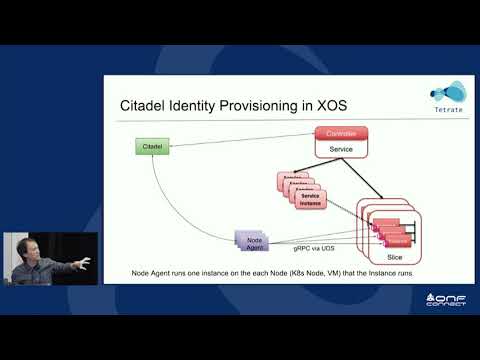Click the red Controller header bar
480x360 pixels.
tap(342, 133)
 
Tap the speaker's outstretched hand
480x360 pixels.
tap(85, 262)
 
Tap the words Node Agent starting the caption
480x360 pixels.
tap(150, 272)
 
